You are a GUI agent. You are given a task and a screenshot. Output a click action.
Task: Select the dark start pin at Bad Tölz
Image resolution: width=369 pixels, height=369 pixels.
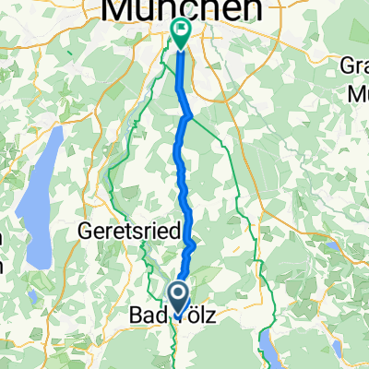pyautogui.click(x=178, y=295)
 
